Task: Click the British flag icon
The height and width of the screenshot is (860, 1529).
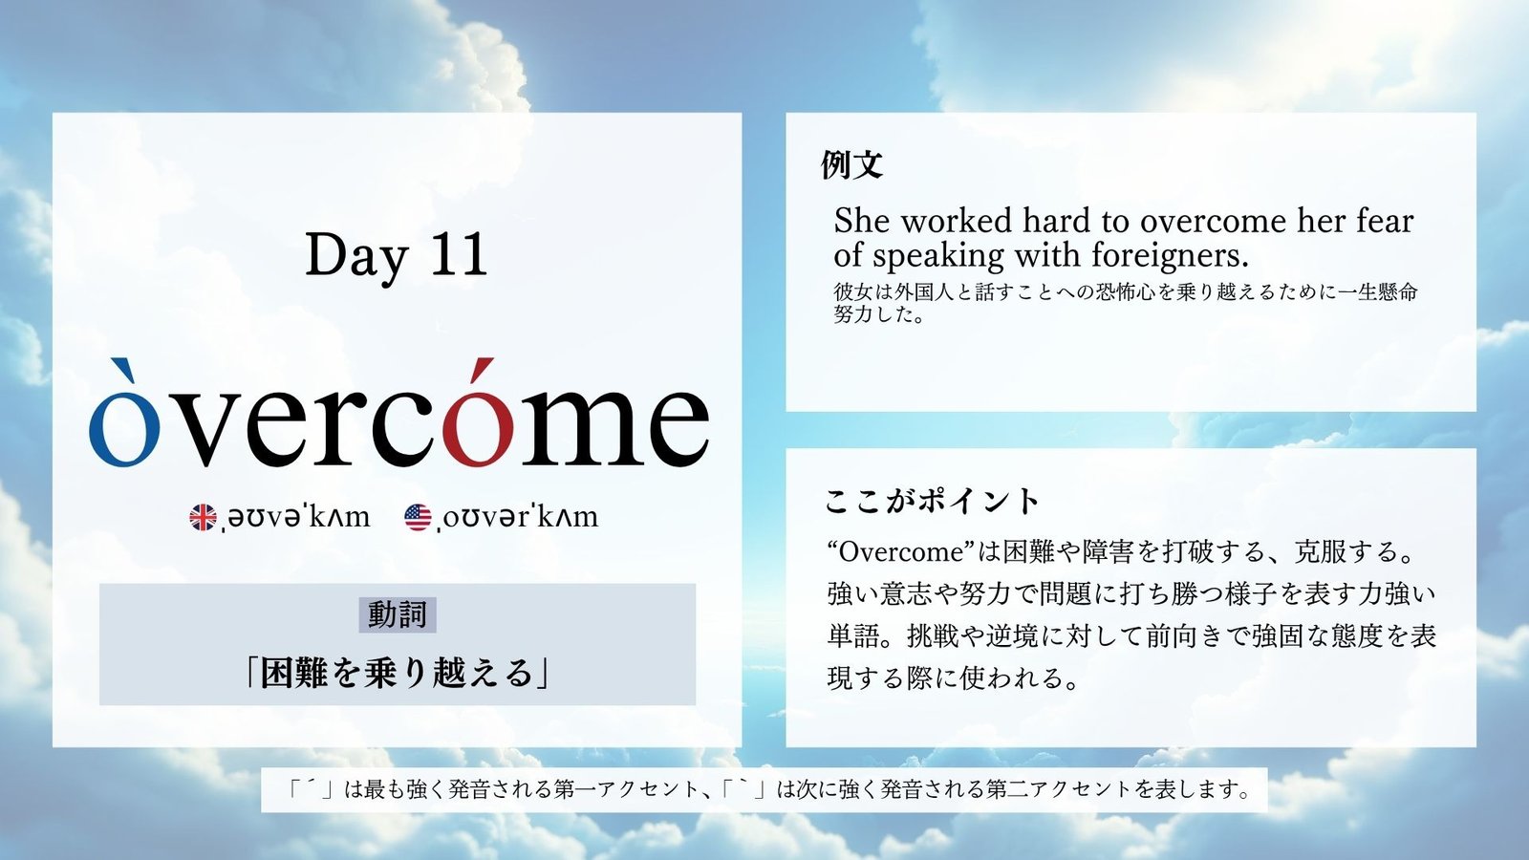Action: pos(203,517)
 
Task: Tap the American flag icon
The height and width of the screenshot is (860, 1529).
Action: pos(418,517)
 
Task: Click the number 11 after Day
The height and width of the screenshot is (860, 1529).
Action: pos(461,254)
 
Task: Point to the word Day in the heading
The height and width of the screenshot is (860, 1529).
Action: pos(356,258)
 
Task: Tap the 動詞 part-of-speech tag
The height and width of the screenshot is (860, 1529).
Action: pos(398,615)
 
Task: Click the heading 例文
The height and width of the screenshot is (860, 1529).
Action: pos(851,164)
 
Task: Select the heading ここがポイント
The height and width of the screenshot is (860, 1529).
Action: pos(932,501)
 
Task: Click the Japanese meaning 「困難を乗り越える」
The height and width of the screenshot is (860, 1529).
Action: pos(398,673)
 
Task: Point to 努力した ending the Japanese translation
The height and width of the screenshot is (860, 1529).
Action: pos(873,314)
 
